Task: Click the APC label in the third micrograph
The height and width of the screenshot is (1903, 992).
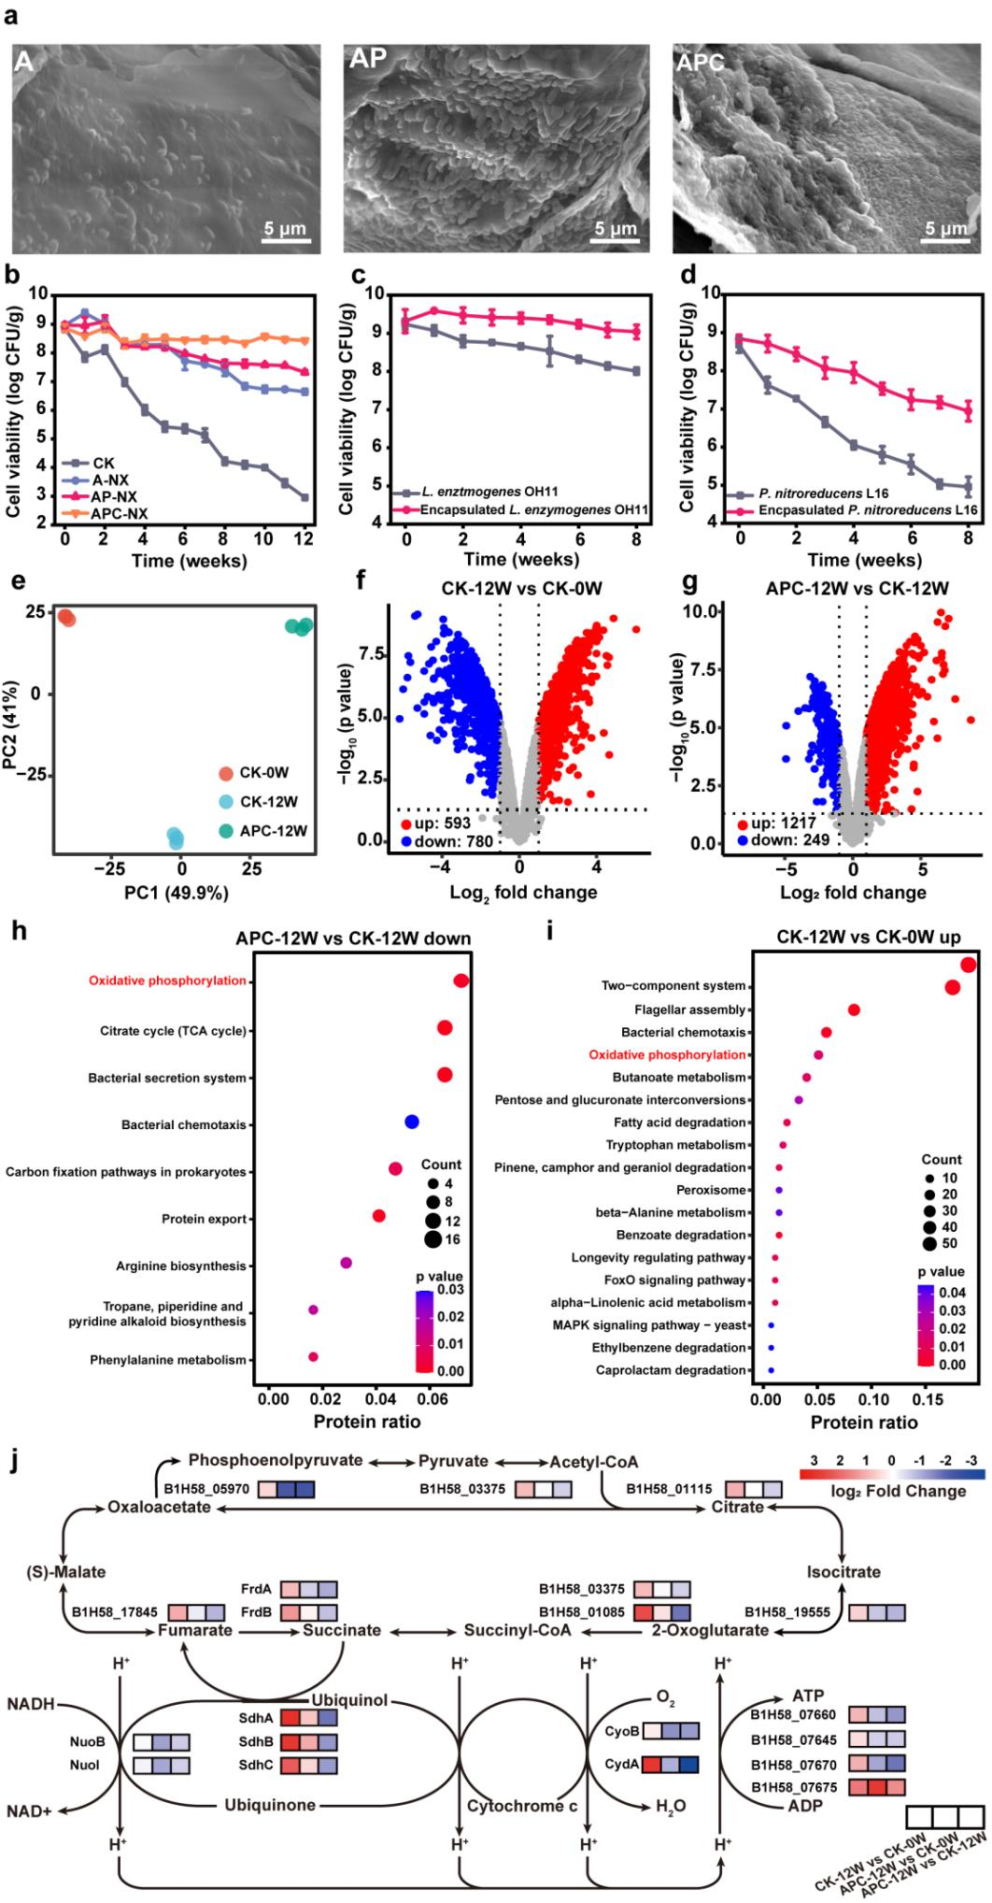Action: (700, 63)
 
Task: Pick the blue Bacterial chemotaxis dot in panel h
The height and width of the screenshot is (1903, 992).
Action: (411, 1122)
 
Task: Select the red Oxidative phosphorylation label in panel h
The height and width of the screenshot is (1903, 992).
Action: (168, 980)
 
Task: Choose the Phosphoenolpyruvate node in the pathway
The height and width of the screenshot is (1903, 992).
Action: (276, 1460)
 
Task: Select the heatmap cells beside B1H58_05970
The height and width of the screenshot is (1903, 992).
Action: (287, 1490)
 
